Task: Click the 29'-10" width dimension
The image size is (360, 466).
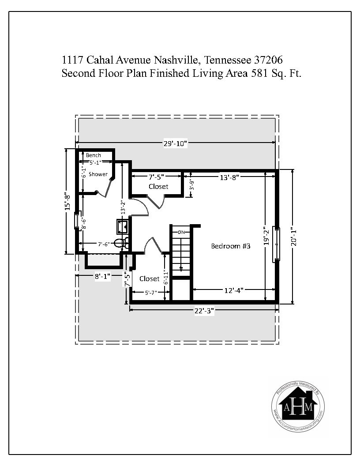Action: tap(175, 143)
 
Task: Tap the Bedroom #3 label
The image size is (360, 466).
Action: tap(231, 246)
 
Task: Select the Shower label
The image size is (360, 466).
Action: tap(98, 174)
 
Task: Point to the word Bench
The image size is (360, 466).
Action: tap(93, 155)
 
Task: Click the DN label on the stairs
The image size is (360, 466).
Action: tap(181, 232)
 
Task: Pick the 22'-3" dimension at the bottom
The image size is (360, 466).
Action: tap(204, 311)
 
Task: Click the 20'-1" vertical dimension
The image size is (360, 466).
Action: tap(294, 237)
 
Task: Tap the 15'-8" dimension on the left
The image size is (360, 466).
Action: tap(68, 202)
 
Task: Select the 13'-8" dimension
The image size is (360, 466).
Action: tap(229, 177)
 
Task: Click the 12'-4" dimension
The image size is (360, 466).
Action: tap(234, 290)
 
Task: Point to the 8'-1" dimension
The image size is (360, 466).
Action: tap(103, 276)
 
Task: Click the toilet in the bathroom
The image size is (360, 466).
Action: tap(121, 243)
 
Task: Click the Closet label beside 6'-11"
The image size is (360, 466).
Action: tap(150, 279)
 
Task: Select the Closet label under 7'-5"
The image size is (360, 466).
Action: tap(158, 186)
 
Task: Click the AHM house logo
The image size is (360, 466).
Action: tap(298, 406)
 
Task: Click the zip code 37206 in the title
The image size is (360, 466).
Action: tap(268, 60)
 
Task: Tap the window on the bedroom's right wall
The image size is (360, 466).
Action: tap(277, 244)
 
